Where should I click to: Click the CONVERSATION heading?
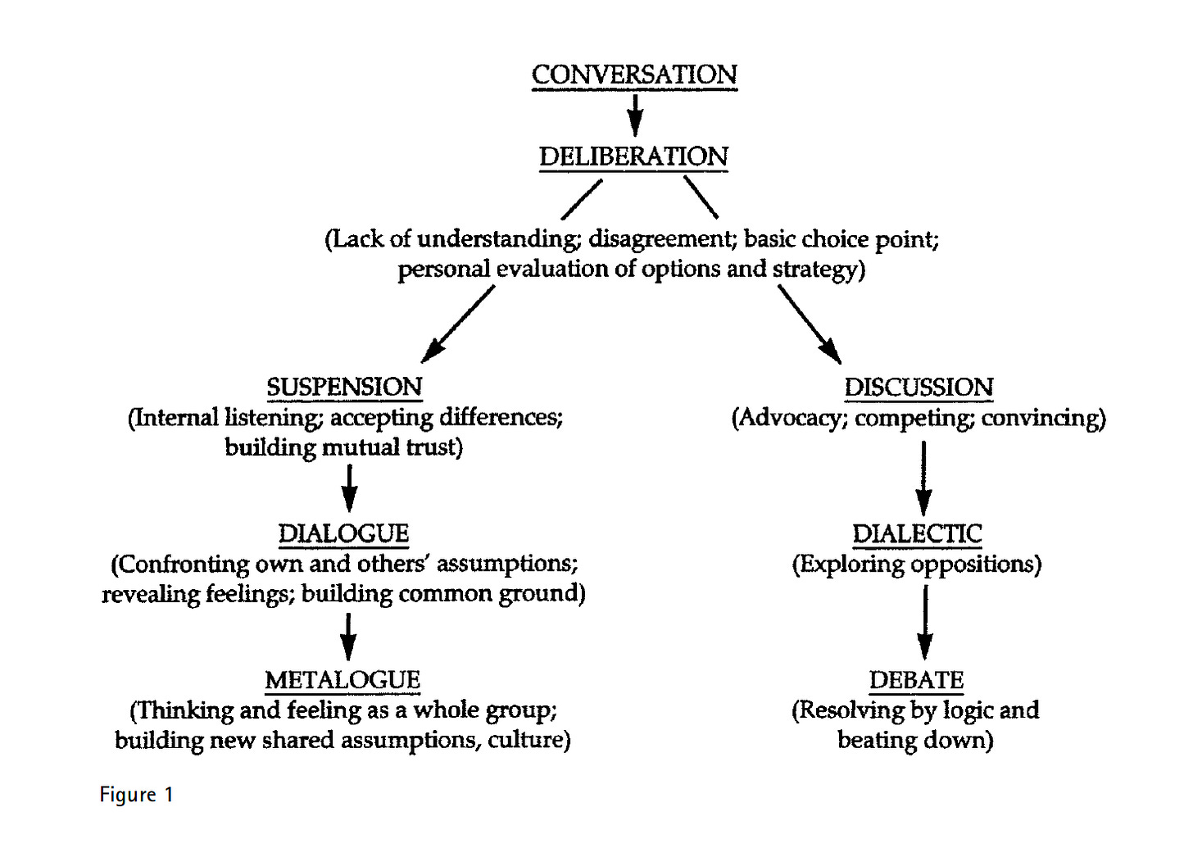pyautogui.click(x=634, y=75)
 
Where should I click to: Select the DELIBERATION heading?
pyautogui.click(x=633, y=156)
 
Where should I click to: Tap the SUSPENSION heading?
pyautogui.click(x=344, y=387)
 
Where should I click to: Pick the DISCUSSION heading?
pyautogui.click(x=919, y=387)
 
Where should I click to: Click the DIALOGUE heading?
pyautogui.click(x=343, y=533)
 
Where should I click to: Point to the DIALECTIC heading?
pyautogui.click(x=917, y=533)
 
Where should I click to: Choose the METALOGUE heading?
pyautogui.click(x=342, y=680)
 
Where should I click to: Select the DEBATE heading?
pyautogui.click(x=916, y=680)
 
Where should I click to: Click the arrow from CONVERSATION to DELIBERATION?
pyautogui.click(x=634, y=115)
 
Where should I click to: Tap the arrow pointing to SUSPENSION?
pyautogui.click(x=457, y=324)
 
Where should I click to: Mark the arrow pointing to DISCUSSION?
pyautogui.click(x=810, y=324)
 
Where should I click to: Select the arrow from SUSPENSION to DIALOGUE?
pyautogui.click(x=349, y=488)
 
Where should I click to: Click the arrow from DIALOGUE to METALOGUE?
pyautogui.click(x=348, y=636)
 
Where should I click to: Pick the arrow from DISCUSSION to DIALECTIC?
pyautogui.click(x=923, y=478)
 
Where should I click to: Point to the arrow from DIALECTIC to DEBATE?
pyautogui.click(x=924, y=623)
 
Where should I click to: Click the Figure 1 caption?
pyautogui.click(x=136, y=795)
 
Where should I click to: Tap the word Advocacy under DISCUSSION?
pyautogui.click(x=789, y=418)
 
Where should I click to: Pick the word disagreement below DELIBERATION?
pyautogui.click(x=659, y=239)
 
